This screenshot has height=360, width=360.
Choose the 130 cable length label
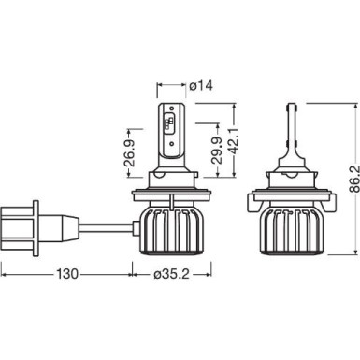point(65,275)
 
